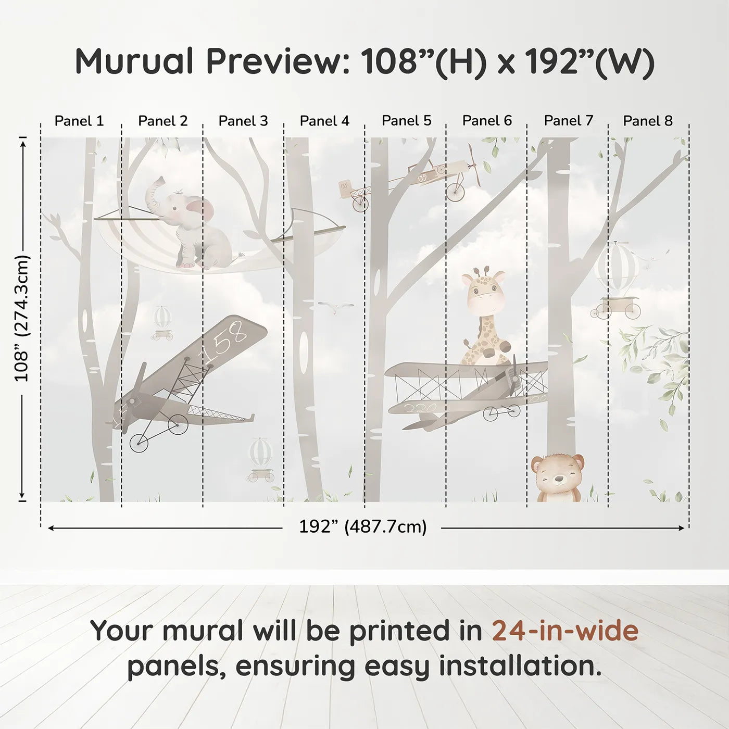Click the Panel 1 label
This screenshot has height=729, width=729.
click(79, 121)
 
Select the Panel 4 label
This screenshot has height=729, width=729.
click(324, 121)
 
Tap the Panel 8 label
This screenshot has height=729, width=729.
click(648, 121)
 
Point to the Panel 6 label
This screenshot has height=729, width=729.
click(487, 121)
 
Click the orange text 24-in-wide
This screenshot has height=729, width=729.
click(565, 631)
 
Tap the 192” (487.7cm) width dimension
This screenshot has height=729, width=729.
click(362, 527)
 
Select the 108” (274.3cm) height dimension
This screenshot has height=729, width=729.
click(22, 318)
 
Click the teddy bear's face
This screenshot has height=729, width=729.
click(557, 475)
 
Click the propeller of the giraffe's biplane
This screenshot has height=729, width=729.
click(514, 378)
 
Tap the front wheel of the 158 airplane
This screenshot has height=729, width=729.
click(139, 443)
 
